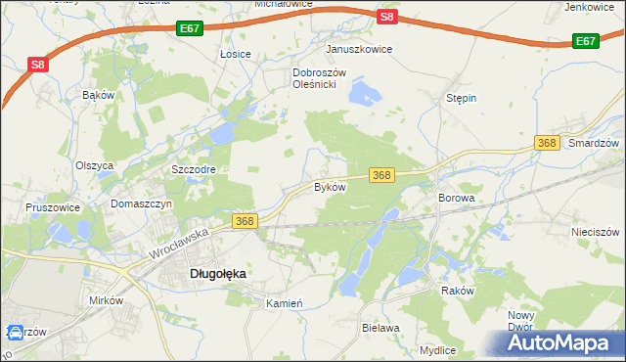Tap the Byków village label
(330, 186)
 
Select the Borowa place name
(457, 198)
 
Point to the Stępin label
(461, 99)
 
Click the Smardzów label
(595, 143)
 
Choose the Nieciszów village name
(596, 233)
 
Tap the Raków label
(457, 291)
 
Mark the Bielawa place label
(381, 328)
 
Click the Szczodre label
(193, 169)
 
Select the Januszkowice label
(359, 49)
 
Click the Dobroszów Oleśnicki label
(315, 78)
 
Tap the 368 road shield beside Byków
(381, 175)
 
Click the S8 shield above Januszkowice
(387, 16)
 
